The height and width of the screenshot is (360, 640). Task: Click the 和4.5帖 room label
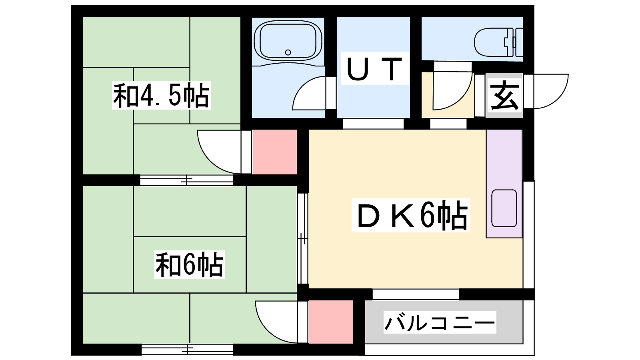pyautogui.click(x=161, y=96)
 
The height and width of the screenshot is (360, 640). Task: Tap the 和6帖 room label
pyautogui.click(x=190, y=264)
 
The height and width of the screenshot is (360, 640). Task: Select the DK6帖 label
pyautogui.click(x=411, y=216)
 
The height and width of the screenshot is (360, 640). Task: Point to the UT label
pyautogui.click(x=374, y=68)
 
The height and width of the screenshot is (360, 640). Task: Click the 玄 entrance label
pyautogui.click(x=504, y=96)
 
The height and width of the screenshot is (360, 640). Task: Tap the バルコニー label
pyautogui.click(x=440, y=322)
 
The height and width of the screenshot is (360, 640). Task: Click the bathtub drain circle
pyautogui.click(x=288, y=52)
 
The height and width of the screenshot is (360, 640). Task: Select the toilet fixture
pyautogui.click(x=498, y=42)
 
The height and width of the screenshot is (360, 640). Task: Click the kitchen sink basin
pyautogui.click(x=504, y=208)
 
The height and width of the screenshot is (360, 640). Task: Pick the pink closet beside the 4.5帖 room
pyautogui.click(x=274, y=152)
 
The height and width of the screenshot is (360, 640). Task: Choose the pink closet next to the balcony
pyautogui.click(x=331, y=322)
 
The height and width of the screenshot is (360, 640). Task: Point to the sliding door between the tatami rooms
pyautogui.click(x=186, y=180)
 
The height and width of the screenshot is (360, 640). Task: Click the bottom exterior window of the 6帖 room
pyautogui.click(x=188, y=349)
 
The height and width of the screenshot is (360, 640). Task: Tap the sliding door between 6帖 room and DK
pyautogui.click(x=302, y=238)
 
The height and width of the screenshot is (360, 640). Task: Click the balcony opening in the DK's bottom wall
pyautogui.click(x=416, y=294)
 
